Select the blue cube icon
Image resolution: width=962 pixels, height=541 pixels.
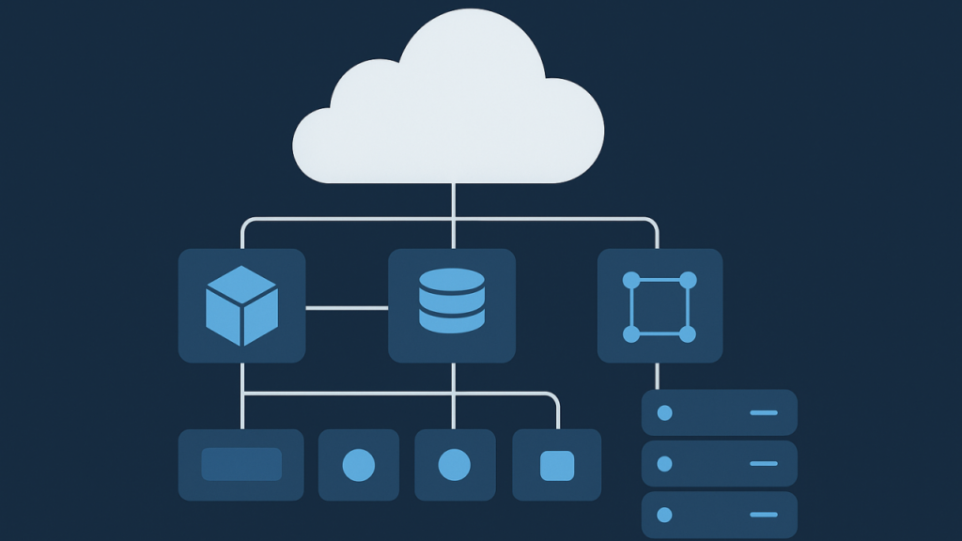241,305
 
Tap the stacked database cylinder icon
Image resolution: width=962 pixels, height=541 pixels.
452,301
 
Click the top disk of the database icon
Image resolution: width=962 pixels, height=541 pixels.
452,280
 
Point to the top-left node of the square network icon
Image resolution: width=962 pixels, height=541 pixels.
631,280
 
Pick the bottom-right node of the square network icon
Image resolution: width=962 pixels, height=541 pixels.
688,333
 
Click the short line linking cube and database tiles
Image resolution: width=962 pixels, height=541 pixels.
347,307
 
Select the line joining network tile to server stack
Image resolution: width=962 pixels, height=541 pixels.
657,376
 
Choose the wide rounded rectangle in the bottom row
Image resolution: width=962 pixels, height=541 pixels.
241,464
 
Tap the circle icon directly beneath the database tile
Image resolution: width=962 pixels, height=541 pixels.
455,464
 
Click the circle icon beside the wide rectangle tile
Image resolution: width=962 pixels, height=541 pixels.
359,464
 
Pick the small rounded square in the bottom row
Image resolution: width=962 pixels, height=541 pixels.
557,465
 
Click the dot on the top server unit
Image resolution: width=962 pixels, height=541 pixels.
665,412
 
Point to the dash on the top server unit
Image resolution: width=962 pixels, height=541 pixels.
764,412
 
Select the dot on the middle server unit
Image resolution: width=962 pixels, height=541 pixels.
665,463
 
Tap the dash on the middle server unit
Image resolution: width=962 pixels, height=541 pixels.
764,463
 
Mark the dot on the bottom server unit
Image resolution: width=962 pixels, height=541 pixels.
665,514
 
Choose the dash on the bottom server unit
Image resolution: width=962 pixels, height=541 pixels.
764,514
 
